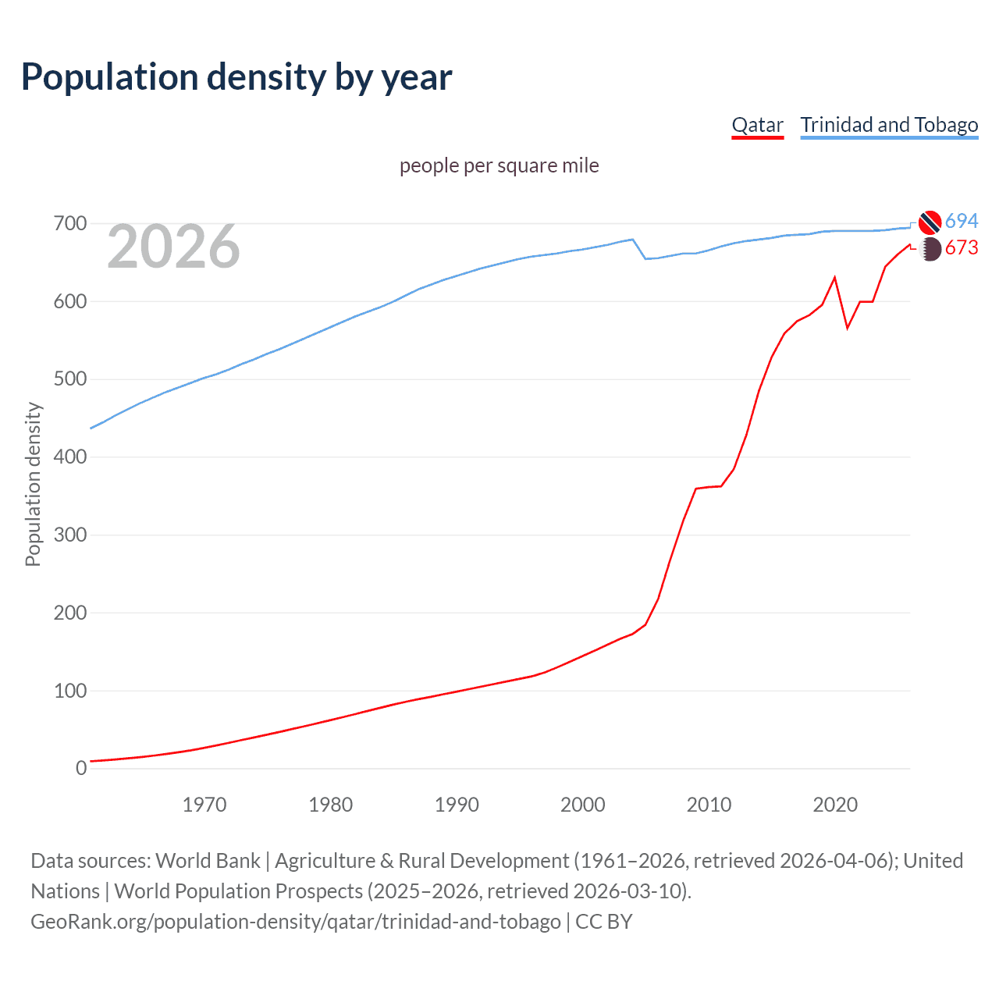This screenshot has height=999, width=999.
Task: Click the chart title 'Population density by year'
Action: click(236, 77)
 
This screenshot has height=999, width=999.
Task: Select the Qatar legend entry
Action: click(757, 126)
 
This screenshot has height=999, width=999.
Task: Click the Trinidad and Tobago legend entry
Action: click(889, 126)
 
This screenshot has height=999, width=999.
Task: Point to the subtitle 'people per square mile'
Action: click(499, 165)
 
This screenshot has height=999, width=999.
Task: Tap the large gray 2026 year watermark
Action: click(173, 247)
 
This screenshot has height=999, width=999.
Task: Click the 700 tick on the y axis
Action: click(70, 224)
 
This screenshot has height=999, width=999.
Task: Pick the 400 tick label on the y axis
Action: click(70, 457)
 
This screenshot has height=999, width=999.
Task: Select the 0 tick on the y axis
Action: click(81, 769)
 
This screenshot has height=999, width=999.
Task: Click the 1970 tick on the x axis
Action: click(204, 805)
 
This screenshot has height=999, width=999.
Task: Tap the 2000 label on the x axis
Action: click(582, 805)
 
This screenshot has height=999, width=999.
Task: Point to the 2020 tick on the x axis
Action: click(835, 805)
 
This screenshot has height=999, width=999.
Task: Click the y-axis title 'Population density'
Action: click(33, 484)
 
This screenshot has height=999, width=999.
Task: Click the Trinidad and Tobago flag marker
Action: click(930, 222)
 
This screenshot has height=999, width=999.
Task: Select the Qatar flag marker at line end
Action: click(930, 249)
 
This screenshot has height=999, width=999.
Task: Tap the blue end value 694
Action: click(962, 222)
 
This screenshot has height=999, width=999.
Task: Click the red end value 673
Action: click(962, 248)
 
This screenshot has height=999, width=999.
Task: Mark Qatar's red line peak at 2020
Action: click(835, 278)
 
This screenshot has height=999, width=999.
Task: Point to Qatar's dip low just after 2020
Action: click(848, 328)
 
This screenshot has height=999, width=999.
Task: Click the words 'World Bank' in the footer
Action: click(208, 861)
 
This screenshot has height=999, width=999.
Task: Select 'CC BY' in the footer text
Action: click(603, 922)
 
